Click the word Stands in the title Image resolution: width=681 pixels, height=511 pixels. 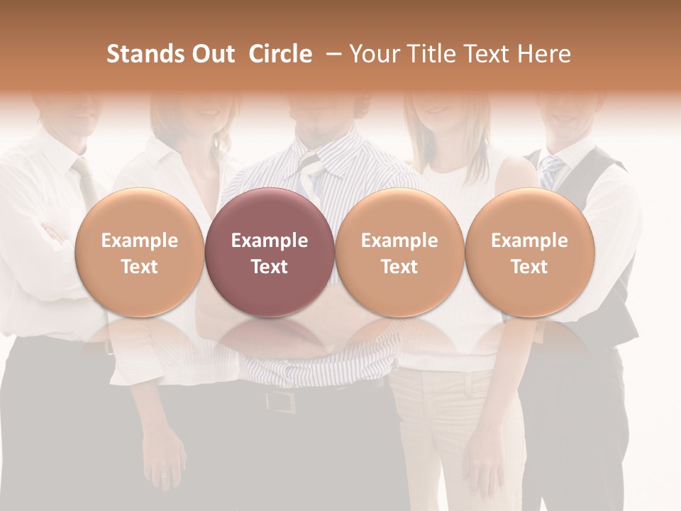tap(141, 54)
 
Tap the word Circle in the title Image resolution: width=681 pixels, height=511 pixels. tap(280, 54)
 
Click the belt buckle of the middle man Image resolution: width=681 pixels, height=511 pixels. tap(281, 402)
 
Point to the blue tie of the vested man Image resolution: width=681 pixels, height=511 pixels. tap(550, 170)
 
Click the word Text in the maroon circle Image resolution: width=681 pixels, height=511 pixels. tap(270, 267)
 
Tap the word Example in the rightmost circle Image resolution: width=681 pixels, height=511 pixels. tap(529, 241)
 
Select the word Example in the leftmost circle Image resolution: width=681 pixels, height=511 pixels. tap(139, 241)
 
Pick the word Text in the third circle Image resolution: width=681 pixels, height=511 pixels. tap(399, 267)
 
